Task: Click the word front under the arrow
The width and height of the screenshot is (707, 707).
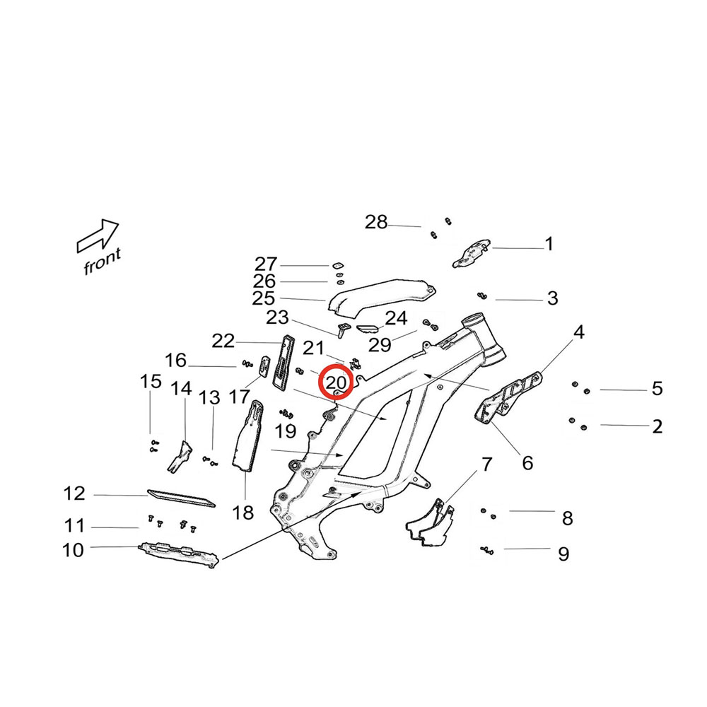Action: click(103, 262)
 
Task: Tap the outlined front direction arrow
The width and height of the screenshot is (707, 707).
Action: click(98, 235)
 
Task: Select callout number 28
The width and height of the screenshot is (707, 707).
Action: click(376, 223)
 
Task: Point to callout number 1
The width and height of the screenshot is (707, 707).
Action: click(549, 245)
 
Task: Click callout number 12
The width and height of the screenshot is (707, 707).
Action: click(74, 494)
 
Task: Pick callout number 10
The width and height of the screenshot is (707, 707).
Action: click(73, 549)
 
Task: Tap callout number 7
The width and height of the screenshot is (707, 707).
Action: click(486, 464)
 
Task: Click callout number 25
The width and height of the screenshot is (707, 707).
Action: click(263, 299)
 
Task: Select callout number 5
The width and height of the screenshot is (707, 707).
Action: click(657, 388)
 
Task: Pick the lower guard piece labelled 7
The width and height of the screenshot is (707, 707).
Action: click(429, 525)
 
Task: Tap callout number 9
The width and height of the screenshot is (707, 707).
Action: click(563, 554)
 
